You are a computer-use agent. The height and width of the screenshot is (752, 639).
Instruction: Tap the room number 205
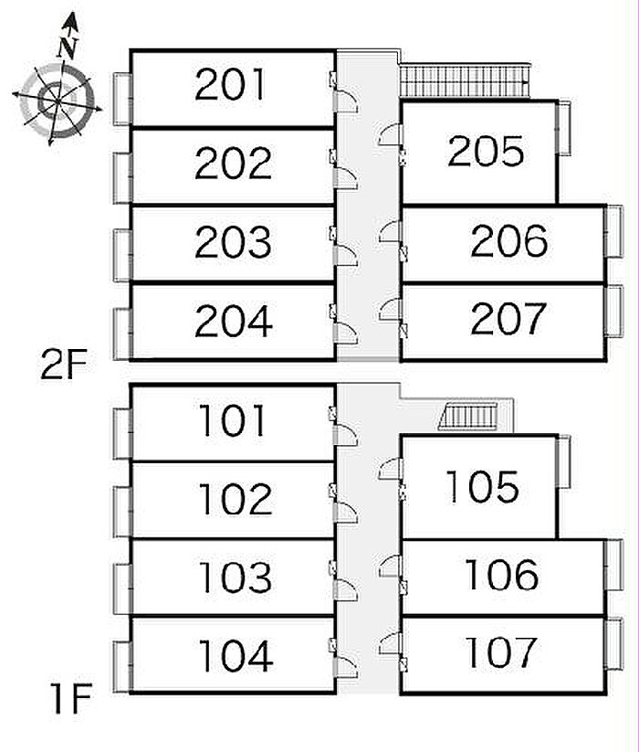[486, 152]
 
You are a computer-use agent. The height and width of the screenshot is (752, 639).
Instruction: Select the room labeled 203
[233, 242]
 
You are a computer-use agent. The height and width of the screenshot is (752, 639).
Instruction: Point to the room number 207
[508, 319]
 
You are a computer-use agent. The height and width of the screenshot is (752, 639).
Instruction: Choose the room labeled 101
[235, 421]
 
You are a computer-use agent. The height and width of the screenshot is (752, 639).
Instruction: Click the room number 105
[482, 487]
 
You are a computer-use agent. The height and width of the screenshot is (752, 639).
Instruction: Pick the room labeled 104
[236, 655]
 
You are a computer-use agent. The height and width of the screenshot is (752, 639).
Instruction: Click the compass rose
[57, 96]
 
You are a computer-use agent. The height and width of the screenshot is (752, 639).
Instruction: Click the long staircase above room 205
[464, 80]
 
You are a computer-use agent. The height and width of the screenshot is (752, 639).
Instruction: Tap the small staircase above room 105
[468, 418]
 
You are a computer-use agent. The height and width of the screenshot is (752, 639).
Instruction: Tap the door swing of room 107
[391, 641]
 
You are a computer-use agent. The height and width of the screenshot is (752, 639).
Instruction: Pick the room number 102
[235, 499]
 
